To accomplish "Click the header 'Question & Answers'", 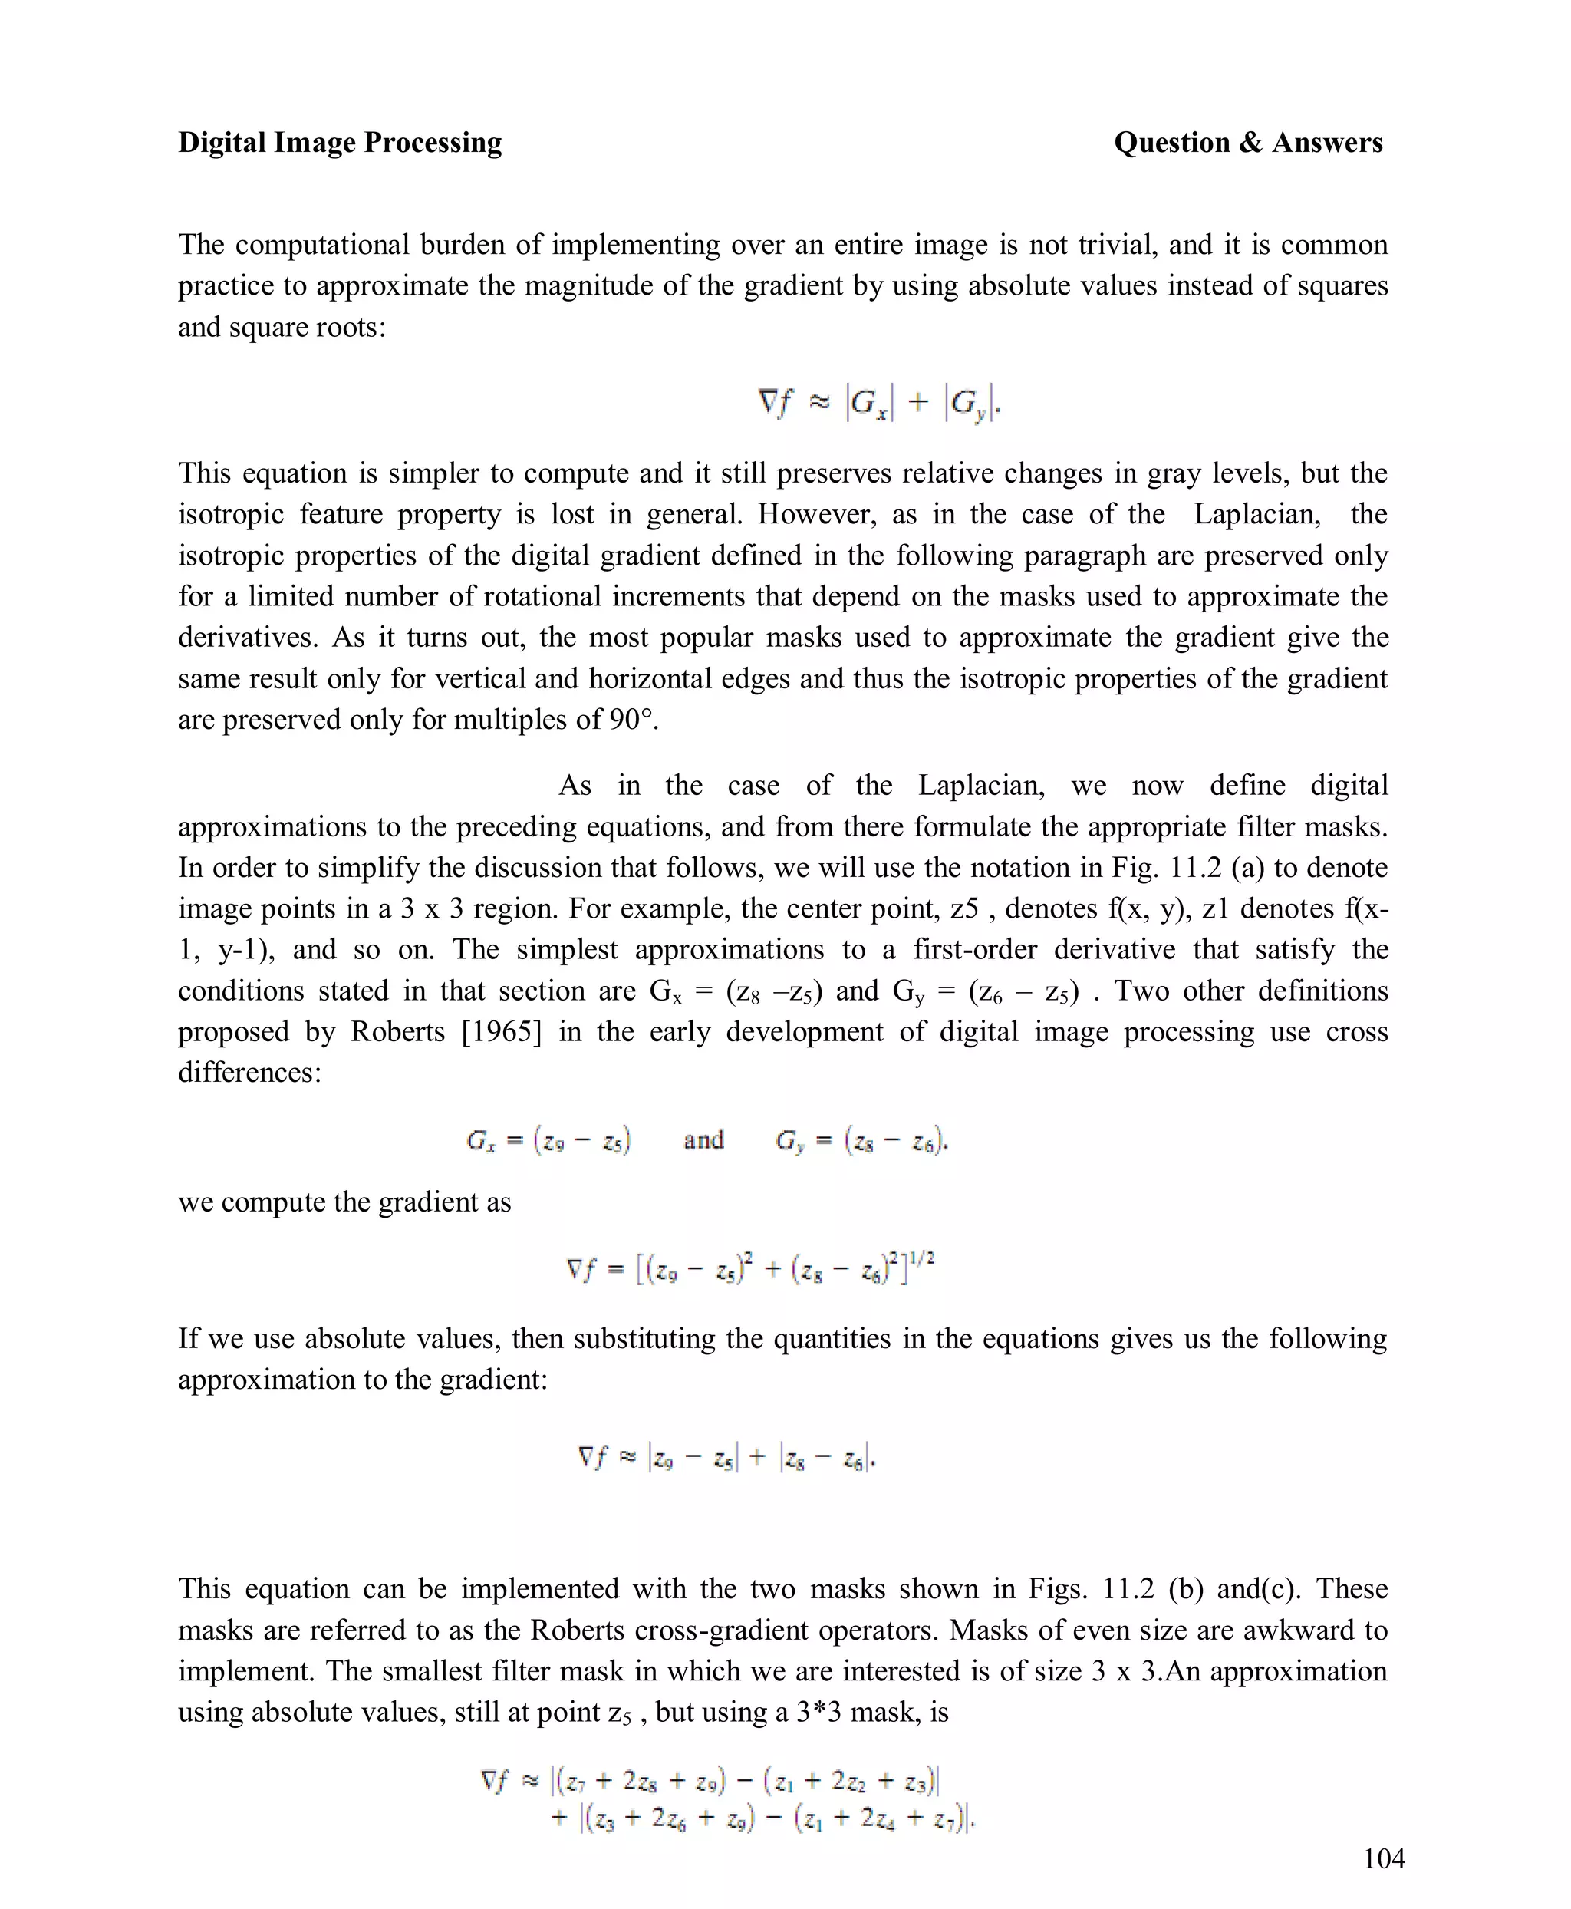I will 1247,143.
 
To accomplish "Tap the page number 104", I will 1383,1858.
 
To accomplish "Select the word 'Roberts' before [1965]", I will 397,1032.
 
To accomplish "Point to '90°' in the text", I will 630,720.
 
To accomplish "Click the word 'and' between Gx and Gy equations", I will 703,1139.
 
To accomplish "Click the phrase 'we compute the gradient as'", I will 344,1202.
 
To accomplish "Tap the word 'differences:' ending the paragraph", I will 250,1073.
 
